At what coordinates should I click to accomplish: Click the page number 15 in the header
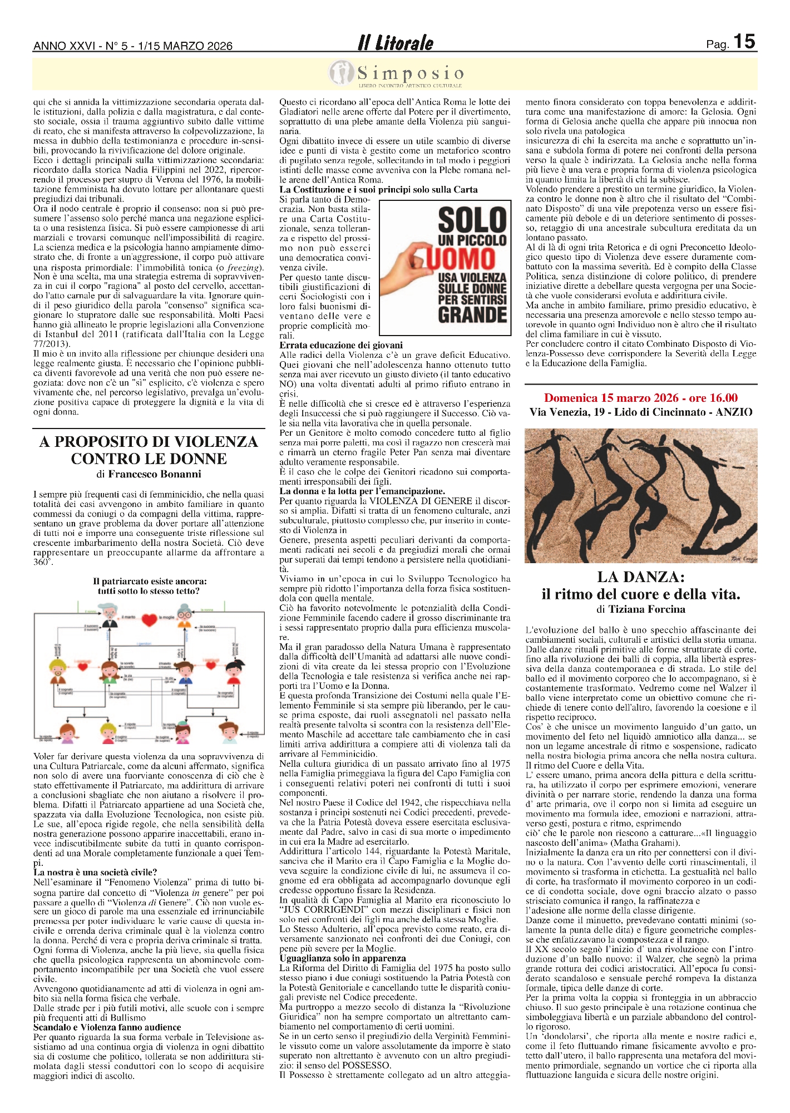pyautogui.click(x=744, y=42)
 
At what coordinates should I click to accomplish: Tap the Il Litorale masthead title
pyautogui.click(x=396, y=43)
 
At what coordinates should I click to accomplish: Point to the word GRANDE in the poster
pyautogui.click(x=472, y=315)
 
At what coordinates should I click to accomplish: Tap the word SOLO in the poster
pyautogui.click(x=472, y=220)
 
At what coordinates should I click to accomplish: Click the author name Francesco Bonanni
pyautogui.click(x=155, y=474)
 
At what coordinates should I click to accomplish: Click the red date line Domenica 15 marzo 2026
pyautogui.click(x=641, y=398)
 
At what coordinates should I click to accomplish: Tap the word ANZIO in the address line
pyautogui.click(x=734, y=412)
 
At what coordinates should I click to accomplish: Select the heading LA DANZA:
pyautogui.click(x=641, y=577)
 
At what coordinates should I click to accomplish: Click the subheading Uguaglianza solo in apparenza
pyautogui.click(x=343, y=958)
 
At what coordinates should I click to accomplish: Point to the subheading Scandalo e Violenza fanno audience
pyautogui.click(x=107, y=1027)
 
